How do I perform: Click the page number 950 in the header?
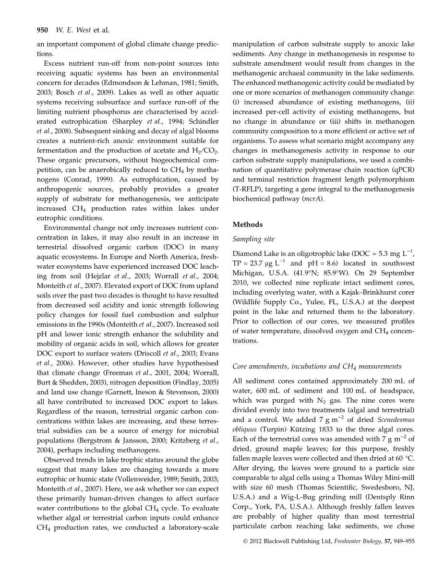click(43, 30)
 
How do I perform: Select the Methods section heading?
click(248, 225)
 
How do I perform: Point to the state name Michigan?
click(247, 273)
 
